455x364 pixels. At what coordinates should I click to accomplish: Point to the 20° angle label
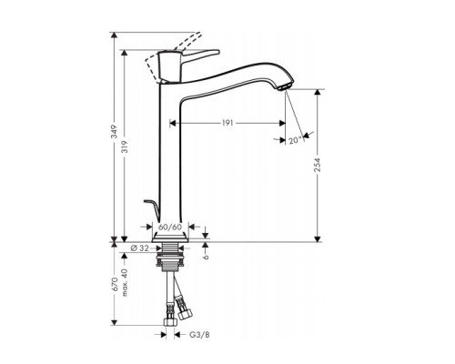293,141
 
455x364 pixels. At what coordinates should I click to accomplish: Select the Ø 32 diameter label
138,247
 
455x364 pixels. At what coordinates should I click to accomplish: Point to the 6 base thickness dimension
210,257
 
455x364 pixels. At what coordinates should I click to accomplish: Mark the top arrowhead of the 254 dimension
318,92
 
